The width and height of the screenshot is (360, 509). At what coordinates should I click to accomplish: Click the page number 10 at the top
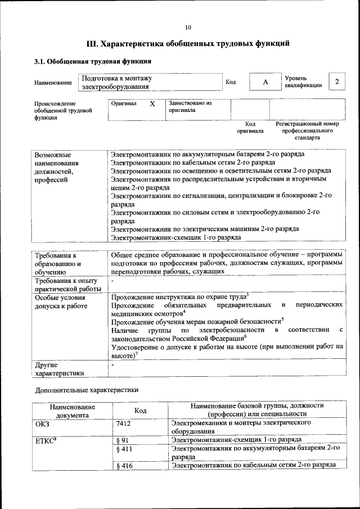(x=188, y=27)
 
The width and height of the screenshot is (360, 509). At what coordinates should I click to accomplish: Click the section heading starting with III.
(x=188, y=43)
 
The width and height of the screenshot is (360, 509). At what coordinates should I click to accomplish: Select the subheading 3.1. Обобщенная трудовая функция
(x=93, y=61)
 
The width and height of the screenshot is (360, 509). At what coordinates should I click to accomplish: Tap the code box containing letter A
(x=264, y=82)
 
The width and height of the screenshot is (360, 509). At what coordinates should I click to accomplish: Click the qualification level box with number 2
(x=336, y=82)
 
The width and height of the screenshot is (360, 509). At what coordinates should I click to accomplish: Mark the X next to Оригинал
(x=152, y=104)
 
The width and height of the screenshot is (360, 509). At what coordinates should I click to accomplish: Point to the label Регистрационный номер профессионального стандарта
(x=307, y=130)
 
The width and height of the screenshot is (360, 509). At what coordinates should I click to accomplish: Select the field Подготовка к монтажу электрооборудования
(x=148, y=83)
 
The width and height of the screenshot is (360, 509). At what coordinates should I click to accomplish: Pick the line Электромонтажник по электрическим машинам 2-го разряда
(x=205, y=229)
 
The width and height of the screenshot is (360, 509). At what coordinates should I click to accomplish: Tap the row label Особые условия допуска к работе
(x=61, y=301)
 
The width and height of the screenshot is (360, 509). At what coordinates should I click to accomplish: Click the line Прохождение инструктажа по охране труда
(x=179, y=296)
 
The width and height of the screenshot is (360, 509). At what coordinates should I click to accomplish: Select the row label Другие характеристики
(x=60, y=368)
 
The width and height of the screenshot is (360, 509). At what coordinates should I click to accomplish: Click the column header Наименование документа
(x=72, y=411)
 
